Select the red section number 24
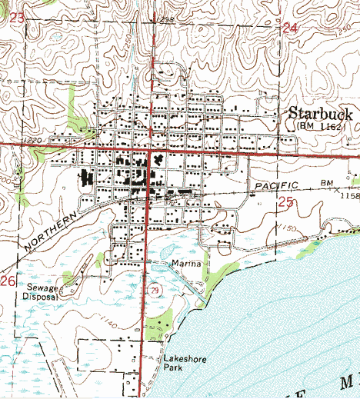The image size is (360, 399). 290,28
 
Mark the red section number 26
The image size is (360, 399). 8,281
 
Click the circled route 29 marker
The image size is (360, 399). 153,288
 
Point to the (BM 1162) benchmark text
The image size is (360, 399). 324,126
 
